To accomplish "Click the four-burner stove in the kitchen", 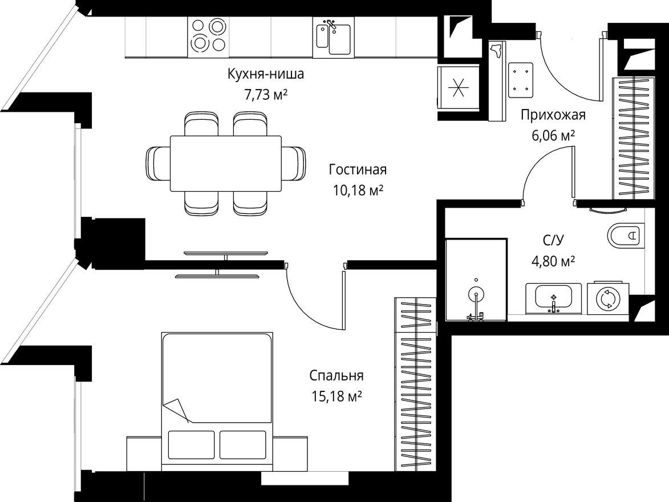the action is point(208,37).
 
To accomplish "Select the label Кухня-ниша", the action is point(265,74).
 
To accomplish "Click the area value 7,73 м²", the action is point(265,94).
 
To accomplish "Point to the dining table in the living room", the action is point(226,164).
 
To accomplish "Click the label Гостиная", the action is point(358,169).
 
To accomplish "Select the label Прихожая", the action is point(553,115).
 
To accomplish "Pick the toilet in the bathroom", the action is point(626,235).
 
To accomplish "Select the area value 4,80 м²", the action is point(553,261).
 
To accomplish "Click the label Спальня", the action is point(336,376).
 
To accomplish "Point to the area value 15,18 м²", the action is point(337,396).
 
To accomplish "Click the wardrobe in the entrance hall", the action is point(632,137).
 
